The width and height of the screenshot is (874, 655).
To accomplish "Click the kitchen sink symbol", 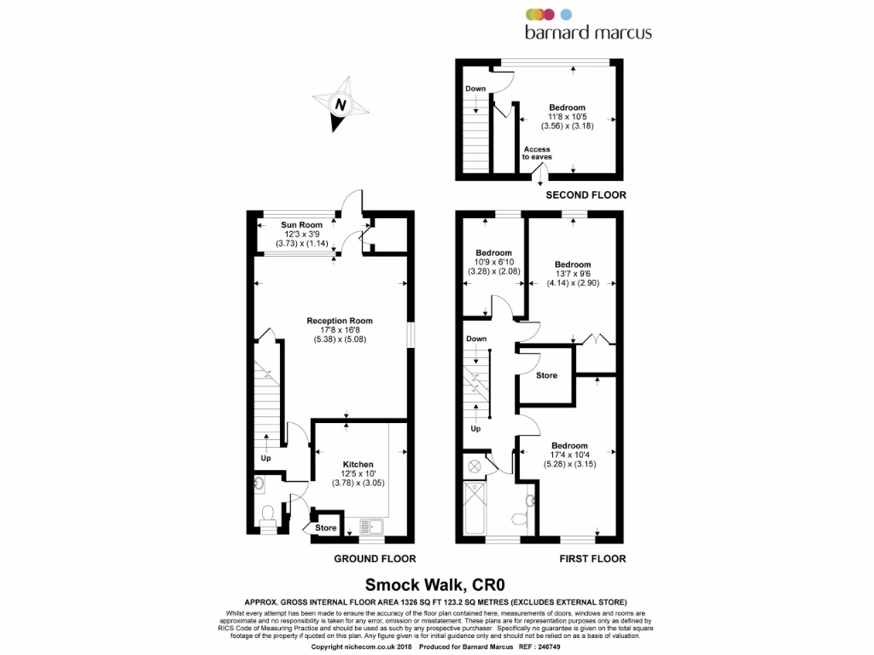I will (372, 527).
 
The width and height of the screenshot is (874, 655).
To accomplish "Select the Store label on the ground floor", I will (326, 529).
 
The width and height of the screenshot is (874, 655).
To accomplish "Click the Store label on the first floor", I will (546, 375).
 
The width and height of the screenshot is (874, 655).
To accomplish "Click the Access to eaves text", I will (537, 154).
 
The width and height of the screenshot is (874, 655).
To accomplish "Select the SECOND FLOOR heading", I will (586, 195).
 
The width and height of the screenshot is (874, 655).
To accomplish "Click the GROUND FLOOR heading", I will (375, 559).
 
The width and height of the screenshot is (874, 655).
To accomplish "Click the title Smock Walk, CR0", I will (436, 584).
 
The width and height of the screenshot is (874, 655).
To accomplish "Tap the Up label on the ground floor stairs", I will (266, 458).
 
